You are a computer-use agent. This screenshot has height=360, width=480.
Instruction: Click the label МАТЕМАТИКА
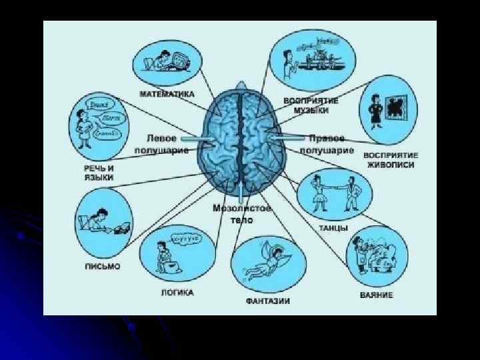point(167,94)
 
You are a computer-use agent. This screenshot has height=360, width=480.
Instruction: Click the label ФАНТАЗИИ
point(267,301)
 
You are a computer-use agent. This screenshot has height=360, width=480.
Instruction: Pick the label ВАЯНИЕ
point(376,294)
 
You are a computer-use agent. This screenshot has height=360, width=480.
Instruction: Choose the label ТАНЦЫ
point(333,228)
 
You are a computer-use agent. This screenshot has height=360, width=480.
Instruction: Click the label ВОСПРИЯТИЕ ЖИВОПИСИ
point(390,160)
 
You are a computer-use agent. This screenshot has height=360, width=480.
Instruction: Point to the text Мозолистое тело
point(233,214)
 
